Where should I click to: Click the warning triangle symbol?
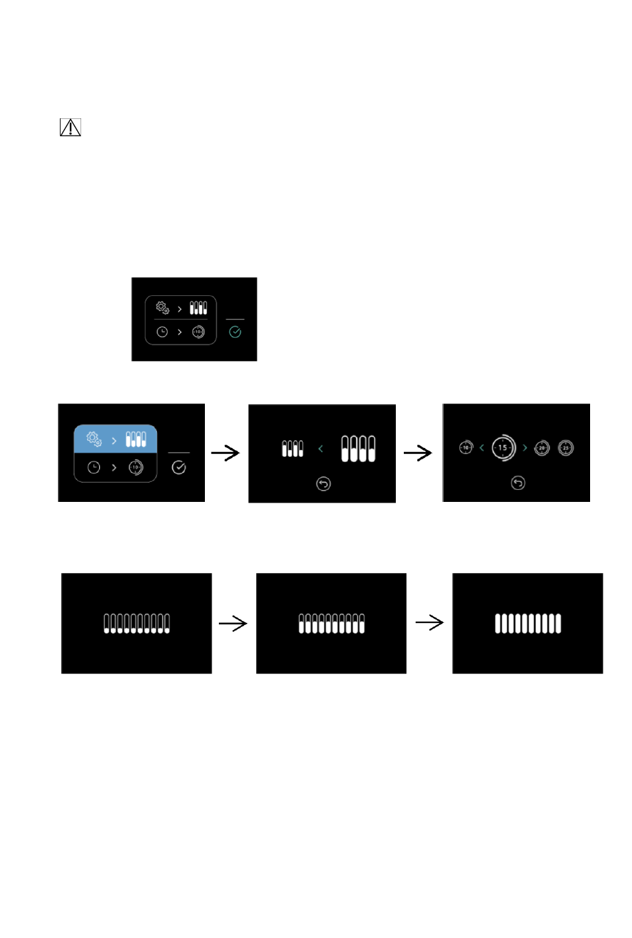(70, 127)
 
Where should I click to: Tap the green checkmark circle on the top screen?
(235, 332)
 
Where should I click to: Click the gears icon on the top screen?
(162, 308)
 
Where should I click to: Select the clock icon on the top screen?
(162, 332)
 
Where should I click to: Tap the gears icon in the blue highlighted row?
(94, 439)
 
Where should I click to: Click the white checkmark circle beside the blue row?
(179, 467)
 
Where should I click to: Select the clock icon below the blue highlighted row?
(94, 467)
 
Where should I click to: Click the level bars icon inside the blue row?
(136, 439)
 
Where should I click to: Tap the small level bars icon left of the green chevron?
(292, 449)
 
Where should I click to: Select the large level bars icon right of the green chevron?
(358, 449)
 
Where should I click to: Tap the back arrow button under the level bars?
(323, 484)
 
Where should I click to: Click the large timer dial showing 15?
(504, 447)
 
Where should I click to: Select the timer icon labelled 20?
(542, 448)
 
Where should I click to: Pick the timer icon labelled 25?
(565, 448)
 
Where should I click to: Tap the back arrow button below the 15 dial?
(518, 483)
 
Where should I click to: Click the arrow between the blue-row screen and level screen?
(226, 453)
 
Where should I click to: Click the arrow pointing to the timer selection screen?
(418, 453)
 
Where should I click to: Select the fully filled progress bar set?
(528, 624)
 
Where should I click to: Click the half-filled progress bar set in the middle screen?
(331, 624)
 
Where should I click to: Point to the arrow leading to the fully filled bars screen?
(430, 623)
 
